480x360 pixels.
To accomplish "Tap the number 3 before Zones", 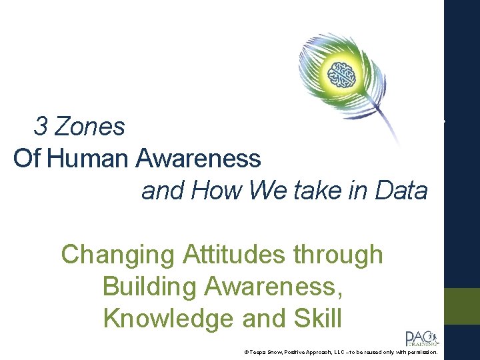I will [41, 126].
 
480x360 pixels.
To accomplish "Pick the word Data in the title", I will [401, 191].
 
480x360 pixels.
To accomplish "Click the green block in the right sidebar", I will [462, 306].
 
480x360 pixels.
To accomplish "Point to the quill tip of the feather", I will [399, 144].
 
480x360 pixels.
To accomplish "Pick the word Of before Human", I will [27, 159].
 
